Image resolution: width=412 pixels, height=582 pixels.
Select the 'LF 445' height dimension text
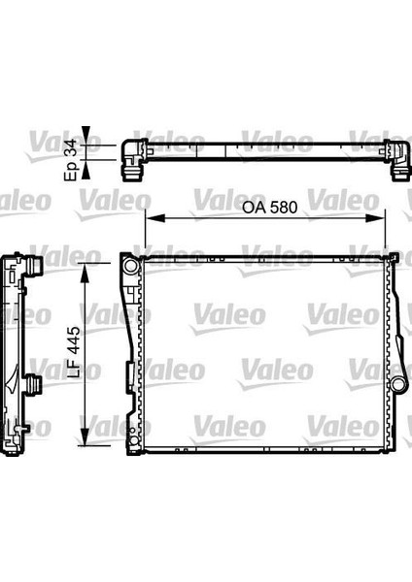(x=69, y=356)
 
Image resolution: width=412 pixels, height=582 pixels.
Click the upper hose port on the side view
(x=34, y=265)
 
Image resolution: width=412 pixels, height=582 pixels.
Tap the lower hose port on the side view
(x=34, y=385)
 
